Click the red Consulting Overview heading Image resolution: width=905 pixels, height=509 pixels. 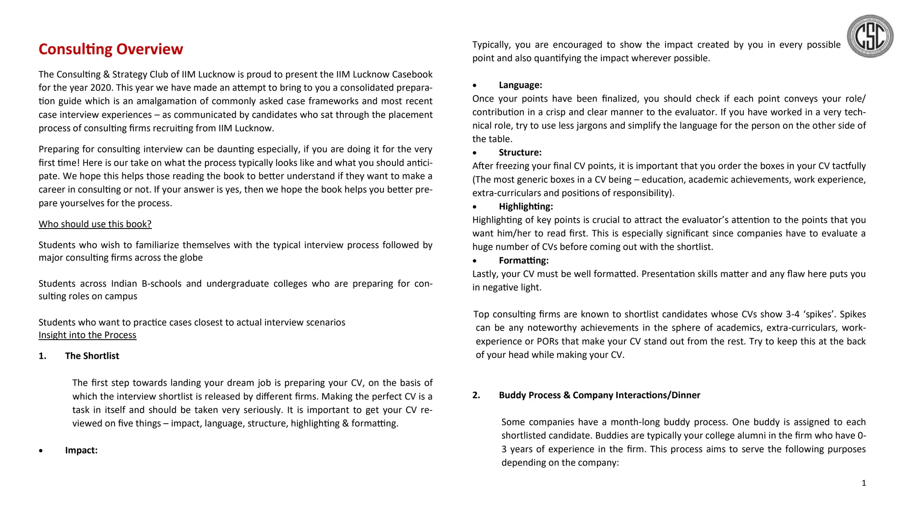[110, 49]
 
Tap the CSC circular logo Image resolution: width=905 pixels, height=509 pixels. [870, 36]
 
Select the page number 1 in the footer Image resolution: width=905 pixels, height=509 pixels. [863, 483]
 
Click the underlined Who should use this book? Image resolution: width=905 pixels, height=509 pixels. [95, 224]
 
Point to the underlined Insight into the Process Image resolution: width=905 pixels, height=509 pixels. [87, 335]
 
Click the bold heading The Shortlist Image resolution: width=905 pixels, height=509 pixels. [92, 356]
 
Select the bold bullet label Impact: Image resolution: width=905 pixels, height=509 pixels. [81, 450]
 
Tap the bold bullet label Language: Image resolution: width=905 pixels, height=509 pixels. [520, 85]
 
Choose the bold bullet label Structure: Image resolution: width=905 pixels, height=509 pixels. [520, 153]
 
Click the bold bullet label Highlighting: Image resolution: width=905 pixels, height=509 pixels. [525, 207]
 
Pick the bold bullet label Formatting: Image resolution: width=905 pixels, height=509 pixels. [523, 261]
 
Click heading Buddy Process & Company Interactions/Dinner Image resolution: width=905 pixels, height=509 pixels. [599, 395]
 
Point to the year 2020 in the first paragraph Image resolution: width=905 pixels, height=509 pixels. [101, 87]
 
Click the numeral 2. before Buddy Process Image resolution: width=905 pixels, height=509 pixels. [476, 395]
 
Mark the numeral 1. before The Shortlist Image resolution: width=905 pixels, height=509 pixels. [42, 356]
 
